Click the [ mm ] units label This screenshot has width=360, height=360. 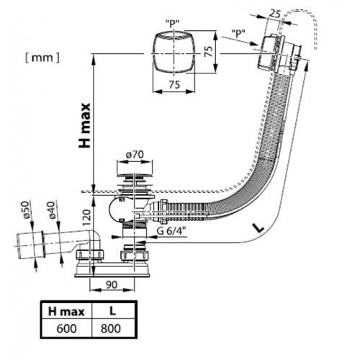42,58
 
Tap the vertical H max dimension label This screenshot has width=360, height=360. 85,125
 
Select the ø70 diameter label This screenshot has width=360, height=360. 135,155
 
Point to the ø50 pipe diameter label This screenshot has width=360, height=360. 26,210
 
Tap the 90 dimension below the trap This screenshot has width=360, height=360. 112,284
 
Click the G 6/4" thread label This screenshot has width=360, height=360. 172,231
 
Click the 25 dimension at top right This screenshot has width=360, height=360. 274,14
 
